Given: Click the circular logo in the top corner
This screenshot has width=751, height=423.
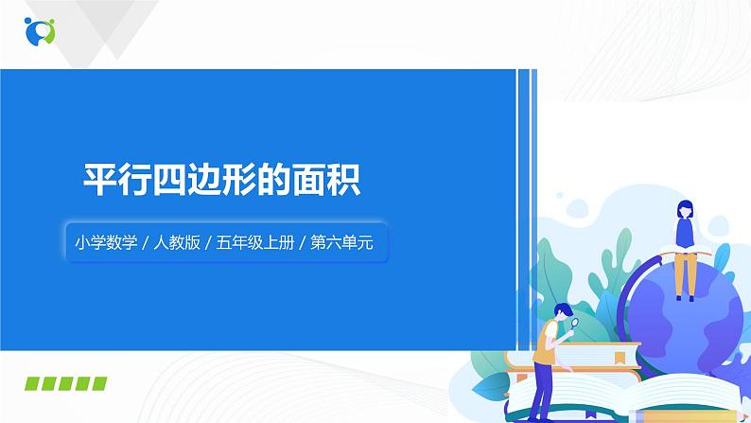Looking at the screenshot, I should pyautogui.click(x=41, y=30).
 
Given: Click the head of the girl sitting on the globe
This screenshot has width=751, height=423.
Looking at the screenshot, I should pyautogui.click(x=683, y=210).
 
